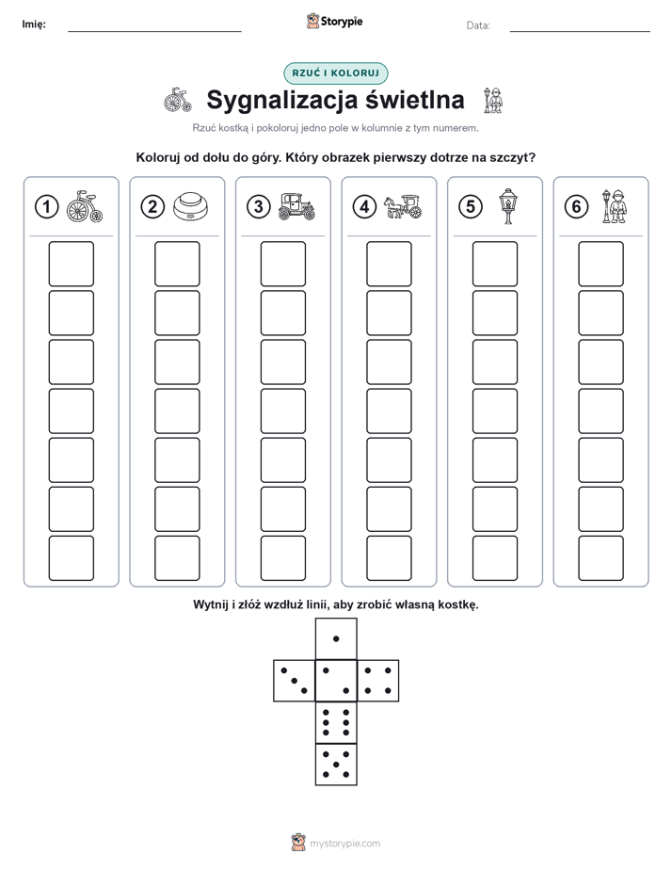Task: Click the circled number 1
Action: pos(46,207)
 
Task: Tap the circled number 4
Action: pos(364,207)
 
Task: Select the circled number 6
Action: pos(576,207)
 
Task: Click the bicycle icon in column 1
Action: pos(85,206)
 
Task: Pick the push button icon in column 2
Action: pos(190,206)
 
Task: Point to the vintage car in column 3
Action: pos(296,206)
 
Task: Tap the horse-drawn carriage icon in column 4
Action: pos(403,206)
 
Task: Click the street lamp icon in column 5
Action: pos(508,206)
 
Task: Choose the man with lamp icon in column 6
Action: pos(615,206)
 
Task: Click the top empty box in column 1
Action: pos(71,264)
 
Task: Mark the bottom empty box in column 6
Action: pos(600,558)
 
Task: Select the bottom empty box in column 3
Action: pos(282,558)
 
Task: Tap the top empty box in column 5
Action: pos(494,264)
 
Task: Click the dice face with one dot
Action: pos(336,638)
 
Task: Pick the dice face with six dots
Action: pos(336,722)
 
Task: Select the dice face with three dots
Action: pos(295,681)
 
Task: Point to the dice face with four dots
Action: pos(378,681)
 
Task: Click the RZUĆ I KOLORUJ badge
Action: pos(335,73)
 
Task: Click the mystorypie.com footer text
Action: pos(344,844)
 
